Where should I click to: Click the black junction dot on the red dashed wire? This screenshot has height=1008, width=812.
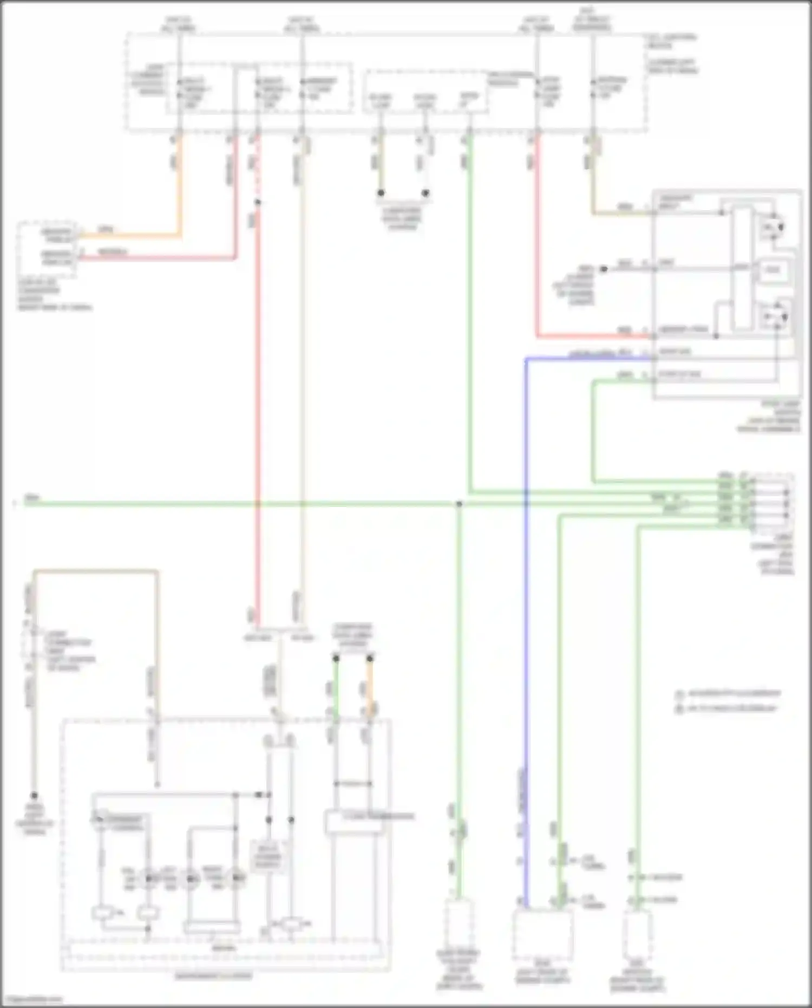258,203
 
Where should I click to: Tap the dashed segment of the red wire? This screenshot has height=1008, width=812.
257,168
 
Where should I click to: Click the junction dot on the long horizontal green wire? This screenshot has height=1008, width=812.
459,504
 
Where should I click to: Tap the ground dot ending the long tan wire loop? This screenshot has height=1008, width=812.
34,796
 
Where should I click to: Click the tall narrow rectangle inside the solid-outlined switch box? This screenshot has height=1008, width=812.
742,268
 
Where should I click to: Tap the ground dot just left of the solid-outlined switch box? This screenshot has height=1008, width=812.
604,269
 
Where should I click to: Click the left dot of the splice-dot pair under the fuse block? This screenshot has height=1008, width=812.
381,193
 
